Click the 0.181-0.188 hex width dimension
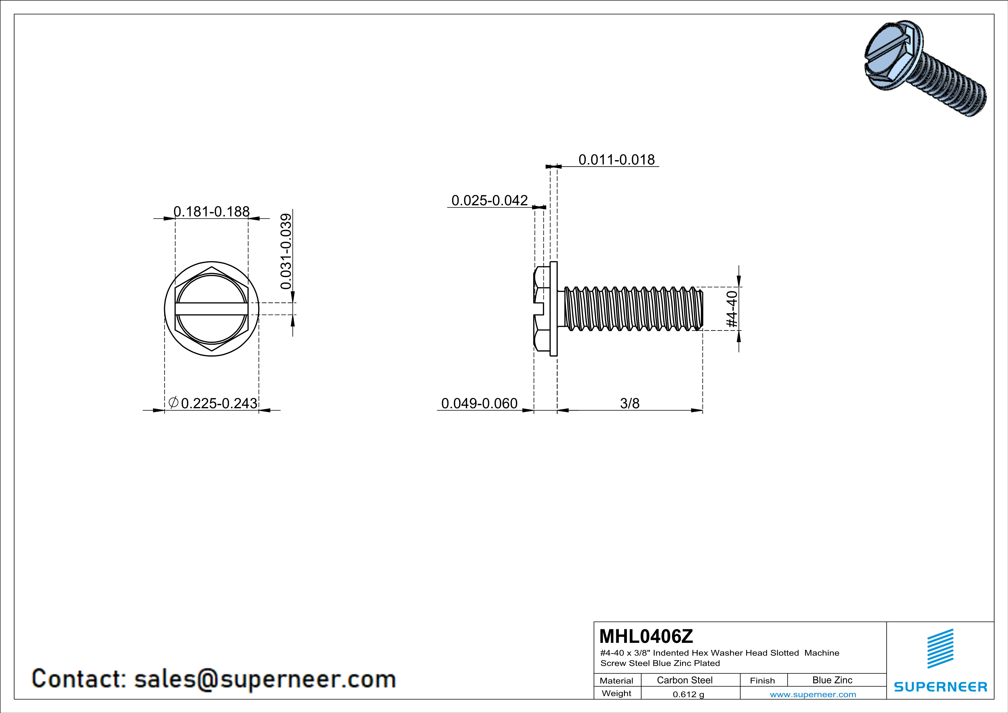click(212, 212)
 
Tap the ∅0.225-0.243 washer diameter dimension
click(213, 403)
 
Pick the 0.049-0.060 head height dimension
click(479, 403)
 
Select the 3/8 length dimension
click(629, 403)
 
